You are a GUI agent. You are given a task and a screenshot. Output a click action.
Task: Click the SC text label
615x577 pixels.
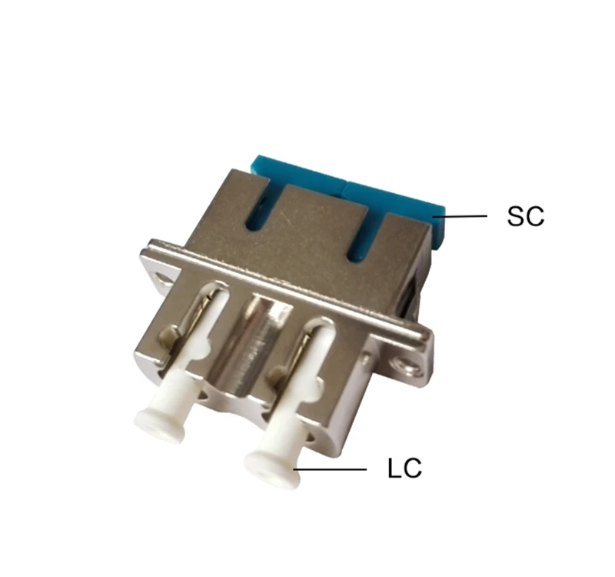click(525, 216)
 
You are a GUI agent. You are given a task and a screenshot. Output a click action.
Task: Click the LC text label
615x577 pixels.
click(404, 469)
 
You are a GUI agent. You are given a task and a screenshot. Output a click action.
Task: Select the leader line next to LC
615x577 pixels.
click(331, 469)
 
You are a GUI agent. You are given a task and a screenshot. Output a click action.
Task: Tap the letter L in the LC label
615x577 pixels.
click(394, 469)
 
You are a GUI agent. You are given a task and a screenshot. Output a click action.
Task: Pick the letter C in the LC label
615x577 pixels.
click(412, 469)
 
